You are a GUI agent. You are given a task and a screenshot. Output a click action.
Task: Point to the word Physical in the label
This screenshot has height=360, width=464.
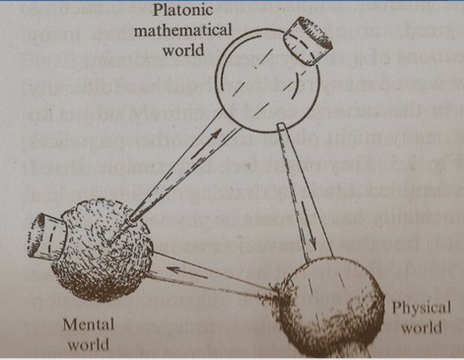421,307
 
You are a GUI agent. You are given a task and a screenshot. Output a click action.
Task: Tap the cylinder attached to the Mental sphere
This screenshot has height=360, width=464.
53,234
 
